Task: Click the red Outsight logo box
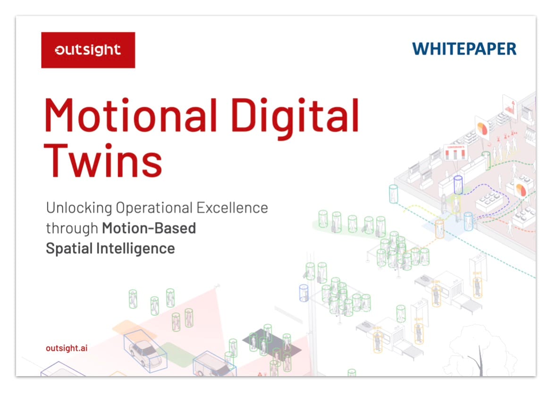88,50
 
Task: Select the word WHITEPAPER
464,49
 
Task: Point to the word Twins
103,160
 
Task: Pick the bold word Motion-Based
149,228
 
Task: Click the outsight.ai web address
67,348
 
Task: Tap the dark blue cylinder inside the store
458,185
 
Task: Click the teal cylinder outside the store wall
393,194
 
